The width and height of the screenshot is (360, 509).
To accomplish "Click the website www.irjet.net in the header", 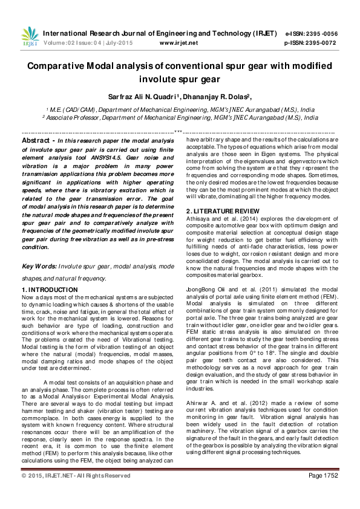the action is pos(178,44).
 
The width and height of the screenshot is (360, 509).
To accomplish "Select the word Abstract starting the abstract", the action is pos(35,140).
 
